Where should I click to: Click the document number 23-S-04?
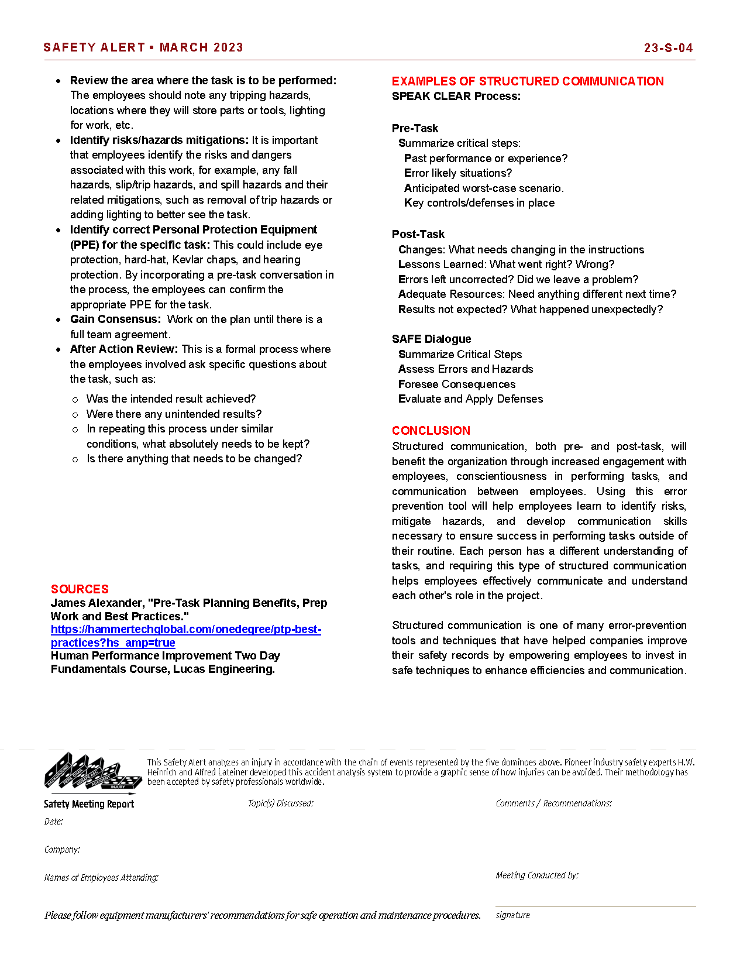click(668, 48)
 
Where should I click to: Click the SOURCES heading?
click(80, 589)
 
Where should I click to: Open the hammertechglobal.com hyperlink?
click(185, 630)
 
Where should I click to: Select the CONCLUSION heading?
click(431, 431)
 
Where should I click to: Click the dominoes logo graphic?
click(92, 772)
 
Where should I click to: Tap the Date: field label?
click(53, 822)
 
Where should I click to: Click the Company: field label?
click(62, 850)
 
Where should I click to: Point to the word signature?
click(512, 915)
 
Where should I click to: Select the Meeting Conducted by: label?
click(536, 875)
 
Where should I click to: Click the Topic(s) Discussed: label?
click(280, 803)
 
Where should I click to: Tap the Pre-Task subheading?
click(415, 128)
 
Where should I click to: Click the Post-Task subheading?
click(418, 234)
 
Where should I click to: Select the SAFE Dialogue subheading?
click(431, 339)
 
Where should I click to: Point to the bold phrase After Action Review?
click(123, 349)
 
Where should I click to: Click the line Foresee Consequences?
click(456, 384)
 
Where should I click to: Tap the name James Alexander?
click(97, 603)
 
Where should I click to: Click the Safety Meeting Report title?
click(88, 804)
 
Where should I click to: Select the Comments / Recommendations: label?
click(553, 803)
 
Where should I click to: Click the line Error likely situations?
click(457, 173)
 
